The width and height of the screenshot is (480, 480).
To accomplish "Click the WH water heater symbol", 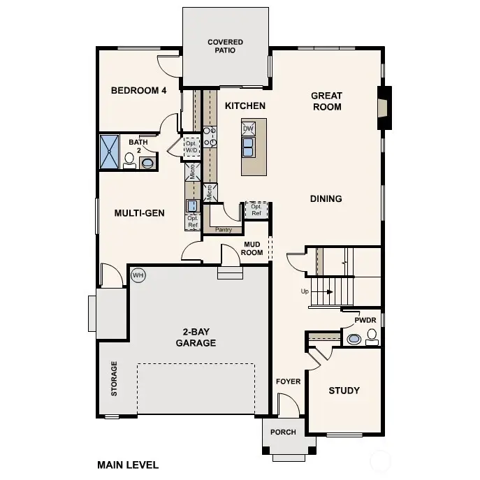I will tap(138, 275).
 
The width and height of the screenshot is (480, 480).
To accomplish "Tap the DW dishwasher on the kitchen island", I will tap(248, 129).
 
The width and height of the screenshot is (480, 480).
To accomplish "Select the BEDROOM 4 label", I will tap(139, 91).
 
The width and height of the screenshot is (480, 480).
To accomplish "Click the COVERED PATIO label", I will tap(225, 47).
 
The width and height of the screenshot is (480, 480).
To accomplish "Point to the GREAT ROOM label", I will tap(326, 101).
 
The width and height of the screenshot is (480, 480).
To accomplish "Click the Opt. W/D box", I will tap(191, 147).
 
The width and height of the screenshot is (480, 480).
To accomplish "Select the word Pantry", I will tap(224, 230).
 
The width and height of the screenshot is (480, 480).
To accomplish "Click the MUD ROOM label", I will tap(252, 248).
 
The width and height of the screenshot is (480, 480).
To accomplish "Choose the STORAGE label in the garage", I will tap(115, 379).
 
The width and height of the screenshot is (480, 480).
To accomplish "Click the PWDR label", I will tap(365, 320).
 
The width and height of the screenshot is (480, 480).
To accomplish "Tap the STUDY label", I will tap(344, 391).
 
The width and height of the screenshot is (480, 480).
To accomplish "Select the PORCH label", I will tap(283, 432).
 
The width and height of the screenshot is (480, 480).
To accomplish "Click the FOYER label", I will tap(288, 381).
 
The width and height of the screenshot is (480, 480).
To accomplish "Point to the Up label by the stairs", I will tap(304, 291).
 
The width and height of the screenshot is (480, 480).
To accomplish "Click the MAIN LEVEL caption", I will tap(128, 465).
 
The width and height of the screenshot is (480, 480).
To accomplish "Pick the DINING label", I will tap(326, 199).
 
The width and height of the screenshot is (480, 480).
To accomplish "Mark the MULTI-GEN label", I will tap(139, 213).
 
